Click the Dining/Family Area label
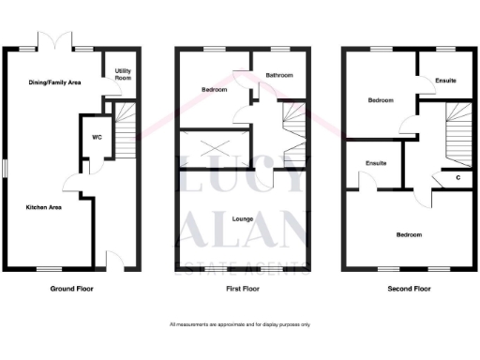[x=53, y=82]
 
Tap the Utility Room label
[x=123, y=74]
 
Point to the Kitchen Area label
[x=43, y=206]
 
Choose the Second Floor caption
[x=409, y=290]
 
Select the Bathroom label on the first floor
[x=279, y=75]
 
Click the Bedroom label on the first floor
[x=214, y=90]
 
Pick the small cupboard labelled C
[x=457, y=177]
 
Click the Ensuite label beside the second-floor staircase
[x=446, y=82]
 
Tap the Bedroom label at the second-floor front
[x=408, y=234]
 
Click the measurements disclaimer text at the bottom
[x=240, y=324]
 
